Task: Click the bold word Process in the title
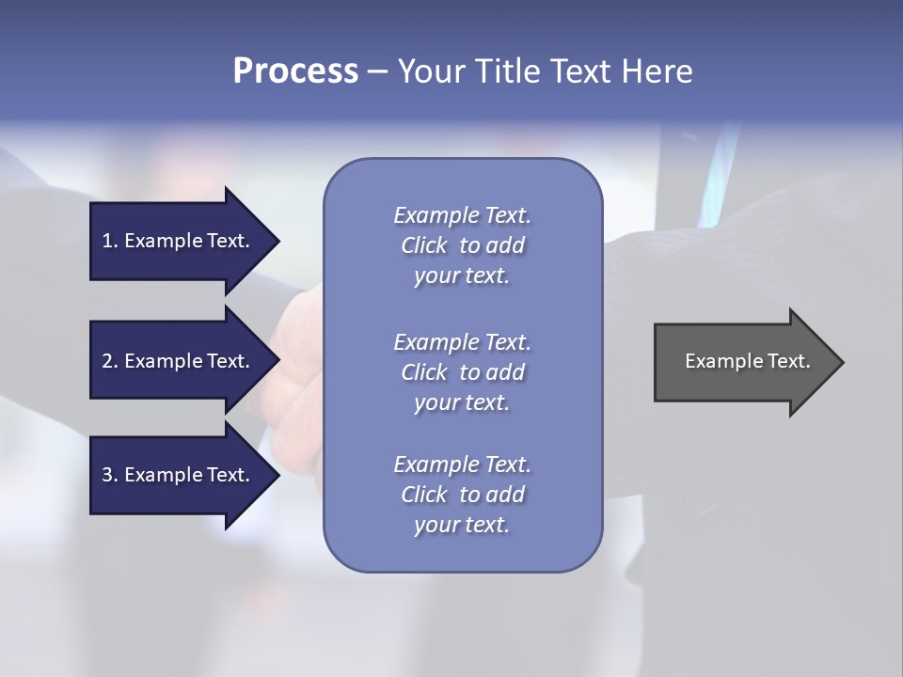coord(295,71)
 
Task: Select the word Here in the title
coord(656,71)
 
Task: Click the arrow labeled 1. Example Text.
coord(175,241)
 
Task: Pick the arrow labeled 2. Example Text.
coord(175,361)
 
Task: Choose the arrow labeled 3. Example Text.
coord(175,475)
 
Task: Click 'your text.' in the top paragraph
coord(462,276)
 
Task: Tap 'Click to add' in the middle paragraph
coord(462,372)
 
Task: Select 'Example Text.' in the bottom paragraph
coord(462,464)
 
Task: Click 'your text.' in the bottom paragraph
coord(462,526)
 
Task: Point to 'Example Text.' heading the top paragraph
coord(462,215)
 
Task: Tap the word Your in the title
coord(430,71)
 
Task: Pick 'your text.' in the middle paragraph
coord(462,402)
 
